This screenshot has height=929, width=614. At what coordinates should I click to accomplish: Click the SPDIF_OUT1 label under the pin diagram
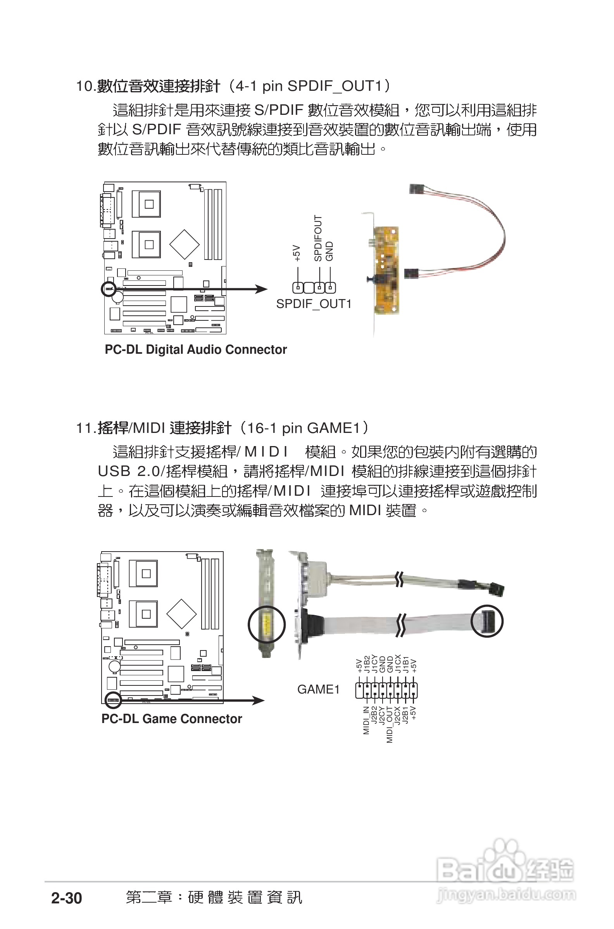pos(314,304)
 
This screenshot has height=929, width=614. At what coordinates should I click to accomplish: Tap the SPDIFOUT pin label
pos(318,238)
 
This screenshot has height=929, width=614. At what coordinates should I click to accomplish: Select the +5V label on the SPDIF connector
pos(297,253)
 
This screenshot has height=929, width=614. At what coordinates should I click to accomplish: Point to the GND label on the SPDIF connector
pos(330,251)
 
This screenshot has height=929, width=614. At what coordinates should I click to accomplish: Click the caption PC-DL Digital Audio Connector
pos(195,349)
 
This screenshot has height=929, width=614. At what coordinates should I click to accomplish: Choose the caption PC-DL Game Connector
pos(171,719)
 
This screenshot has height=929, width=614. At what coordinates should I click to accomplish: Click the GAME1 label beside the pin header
pos(318,690)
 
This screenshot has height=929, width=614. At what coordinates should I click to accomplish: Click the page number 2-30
pos(67,898)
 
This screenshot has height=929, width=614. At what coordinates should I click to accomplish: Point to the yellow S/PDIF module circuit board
pos(386,270)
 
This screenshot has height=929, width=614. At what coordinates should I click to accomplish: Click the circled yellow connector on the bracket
pos(267,625)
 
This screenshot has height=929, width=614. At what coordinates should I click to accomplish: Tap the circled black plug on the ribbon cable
pos(487,621)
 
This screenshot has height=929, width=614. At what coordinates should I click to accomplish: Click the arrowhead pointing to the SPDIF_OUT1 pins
pos(262,289)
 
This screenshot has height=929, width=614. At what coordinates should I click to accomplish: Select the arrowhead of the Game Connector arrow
pos(259,700)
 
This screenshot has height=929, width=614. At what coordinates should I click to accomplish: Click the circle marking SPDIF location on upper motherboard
pos(109,289)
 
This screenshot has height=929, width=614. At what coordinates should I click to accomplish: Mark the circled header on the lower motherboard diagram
pos(114,700)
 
